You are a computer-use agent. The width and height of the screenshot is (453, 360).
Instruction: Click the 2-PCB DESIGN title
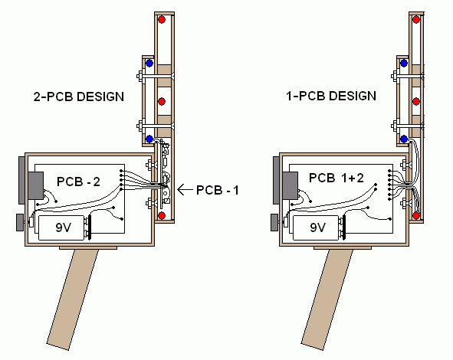pos(79,97)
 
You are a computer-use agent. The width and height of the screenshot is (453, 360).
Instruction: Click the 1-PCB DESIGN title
pos(331,96)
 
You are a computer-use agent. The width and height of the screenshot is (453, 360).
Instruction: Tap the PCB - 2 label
pos(79,182)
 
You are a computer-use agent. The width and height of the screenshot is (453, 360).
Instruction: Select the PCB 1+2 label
pos(336,178)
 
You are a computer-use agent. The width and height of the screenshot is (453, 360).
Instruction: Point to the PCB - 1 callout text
pos(218,190)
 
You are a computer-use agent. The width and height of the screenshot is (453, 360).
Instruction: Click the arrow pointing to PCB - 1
pos(185,190)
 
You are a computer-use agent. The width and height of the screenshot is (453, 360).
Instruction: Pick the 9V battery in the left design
pos(61,227)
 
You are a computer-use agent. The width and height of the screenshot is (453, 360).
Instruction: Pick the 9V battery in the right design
pos(316,227)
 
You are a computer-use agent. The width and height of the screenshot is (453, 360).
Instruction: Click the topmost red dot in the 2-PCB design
pos(162,20)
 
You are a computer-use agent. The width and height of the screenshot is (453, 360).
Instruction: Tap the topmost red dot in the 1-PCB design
pos(416,20)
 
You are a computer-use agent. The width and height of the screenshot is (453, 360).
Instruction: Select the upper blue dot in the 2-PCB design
pos(149,64)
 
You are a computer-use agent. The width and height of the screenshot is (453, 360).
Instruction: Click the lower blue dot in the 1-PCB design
pos(404,139)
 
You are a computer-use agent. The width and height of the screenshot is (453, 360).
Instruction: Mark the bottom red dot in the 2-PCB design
pos(162,215)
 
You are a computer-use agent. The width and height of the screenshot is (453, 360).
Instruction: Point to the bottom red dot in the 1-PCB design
pos(416,215)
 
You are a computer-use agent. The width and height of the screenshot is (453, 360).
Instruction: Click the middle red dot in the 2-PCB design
pos(162,101)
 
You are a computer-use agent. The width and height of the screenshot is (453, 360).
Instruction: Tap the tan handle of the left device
pos(73,299)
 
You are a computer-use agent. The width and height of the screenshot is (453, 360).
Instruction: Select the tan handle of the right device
pos(327,299)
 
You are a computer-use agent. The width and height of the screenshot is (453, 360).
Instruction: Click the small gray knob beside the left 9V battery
pos(20,222)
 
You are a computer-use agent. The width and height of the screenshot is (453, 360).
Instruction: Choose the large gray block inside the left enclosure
pos(36,185)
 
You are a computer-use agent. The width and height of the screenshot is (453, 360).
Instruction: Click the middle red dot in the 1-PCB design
pos(416,101)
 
